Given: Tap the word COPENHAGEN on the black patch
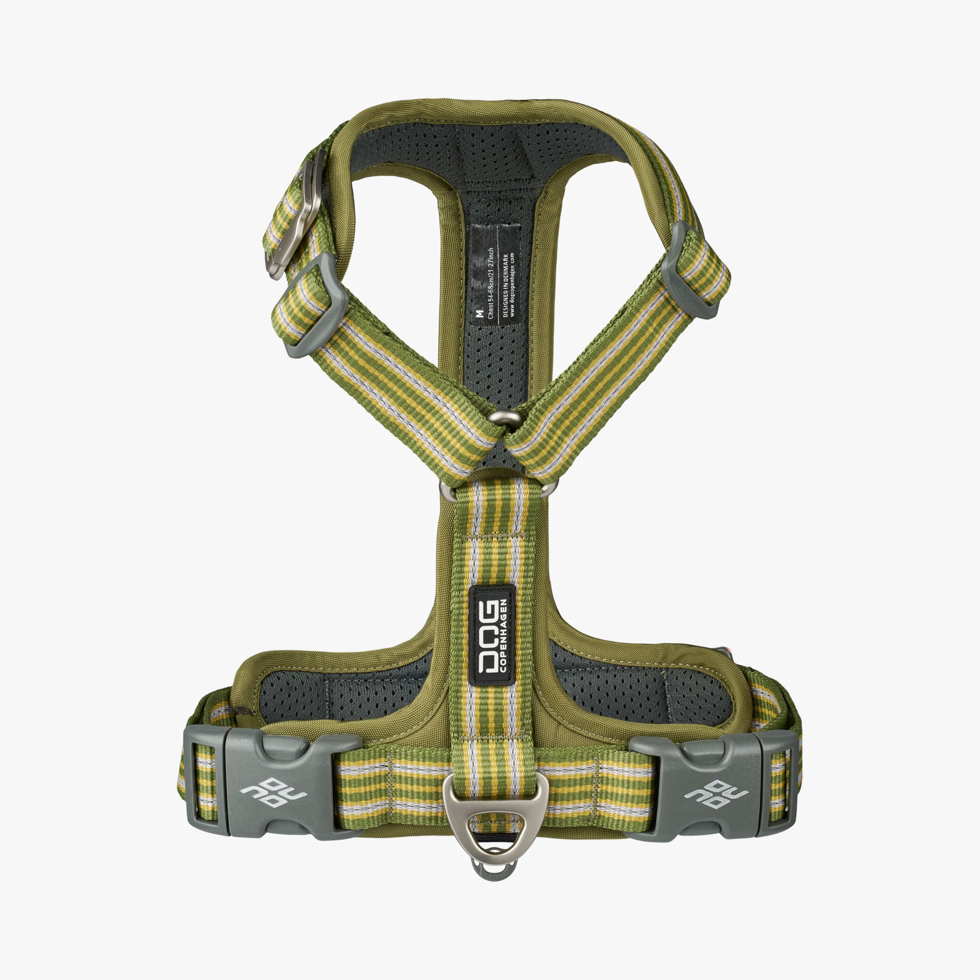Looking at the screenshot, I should pos(503,637).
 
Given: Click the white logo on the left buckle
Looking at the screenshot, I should pos(273,792).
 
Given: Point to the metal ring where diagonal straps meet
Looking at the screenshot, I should pos(505,417).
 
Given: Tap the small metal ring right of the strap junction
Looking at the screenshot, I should pos(549,488).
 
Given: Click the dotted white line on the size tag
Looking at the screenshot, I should pos(497,274).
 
